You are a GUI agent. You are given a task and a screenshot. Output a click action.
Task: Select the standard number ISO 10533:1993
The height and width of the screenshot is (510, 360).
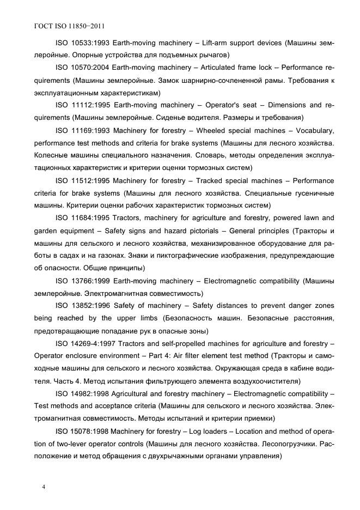tap(82, 42)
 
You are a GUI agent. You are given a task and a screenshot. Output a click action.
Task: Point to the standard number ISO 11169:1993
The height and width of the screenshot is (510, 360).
tap(82, 131)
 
